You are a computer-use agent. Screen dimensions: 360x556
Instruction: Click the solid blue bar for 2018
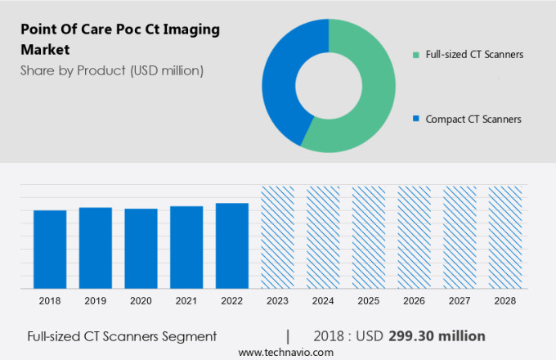pos(50,250)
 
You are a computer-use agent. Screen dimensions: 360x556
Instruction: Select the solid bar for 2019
pos(96,248)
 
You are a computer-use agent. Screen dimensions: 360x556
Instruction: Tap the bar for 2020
pos(141,249)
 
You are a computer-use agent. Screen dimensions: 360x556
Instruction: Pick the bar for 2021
pos(186,247)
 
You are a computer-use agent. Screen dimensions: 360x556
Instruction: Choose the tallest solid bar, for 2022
pos(232,245)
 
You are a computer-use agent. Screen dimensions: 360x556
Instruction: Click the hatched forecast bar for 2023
pos(277,237)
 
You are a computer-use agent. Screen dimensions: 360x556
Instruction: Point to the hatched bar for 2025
pos(368,237)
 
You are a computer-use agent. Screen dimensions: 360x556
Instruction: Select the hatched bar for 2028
pos(504,237)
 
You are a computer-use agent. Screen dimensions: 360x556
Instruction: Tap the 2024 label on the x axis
pos(323,301)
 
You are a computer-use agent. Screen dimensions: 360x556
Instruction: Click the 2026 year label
pos(414,301)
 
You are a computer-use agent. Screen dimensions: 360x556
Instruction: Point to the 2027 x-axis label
pos(460,301)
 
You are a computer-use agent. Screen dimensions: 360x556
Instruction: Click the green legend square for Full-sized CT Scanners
pos(416,55)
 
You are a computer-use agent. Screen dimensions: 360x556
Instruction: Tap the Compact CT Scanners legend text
pos(473,119)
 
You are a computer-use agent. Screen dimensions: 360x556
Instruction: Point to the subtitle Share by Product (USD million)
pos(112,70)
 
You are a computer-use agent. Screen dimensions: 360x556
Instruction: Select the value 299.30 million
pos(449,335)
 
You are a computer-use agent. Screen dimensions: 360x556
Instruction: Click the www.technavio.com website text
pos(286,352)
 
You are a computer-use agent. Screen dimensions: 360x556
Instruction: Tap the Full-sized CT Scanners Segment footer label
pos(122,335)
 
